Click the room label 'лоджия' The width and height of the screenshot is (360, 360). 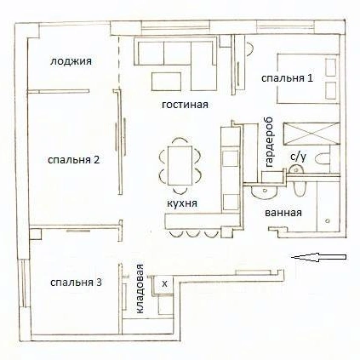71,61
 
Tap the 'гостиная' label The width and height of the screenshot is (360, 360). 185,105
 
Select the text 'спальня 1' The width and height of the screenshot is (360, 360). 287,78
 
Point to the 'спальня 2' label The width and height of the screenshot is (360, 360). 74,160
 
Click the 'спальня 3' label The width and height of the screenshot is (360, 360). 76,283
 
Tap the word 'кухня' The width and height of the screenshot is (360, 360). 182,203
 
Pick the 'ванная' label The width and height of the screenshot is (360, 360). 283,213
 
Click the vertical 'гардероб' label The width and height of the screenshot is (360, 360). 268,142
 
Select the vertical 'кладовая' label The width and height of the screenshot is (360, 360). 140,289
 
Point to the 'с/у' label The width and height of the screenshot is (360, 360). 299,157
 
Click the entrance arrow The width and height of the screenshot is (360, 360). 319,257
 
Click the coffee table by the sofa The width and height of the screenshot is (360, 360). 167,82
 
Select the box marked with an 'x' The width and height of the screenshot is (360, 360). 164,284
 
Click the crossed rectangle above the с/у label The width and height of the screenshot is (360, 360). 311,134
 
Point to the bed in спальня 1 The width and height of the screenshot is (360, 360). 308,78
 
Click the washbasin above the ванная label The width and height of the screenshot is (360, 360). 264,191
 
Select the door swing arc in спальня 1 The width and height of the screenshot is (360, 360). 250,49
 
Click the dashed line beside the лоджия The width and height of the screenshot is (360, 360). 118,63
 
